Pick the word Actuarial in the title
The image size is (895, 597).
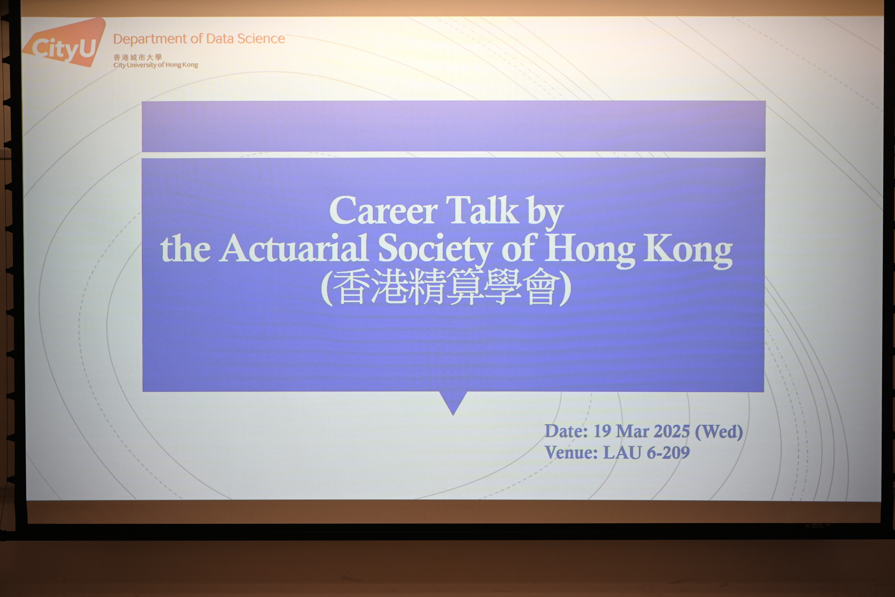(293, 248)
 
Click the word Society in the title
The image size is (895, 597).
(435, 249)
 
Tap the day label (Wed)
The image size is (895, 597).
(719, 432)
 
